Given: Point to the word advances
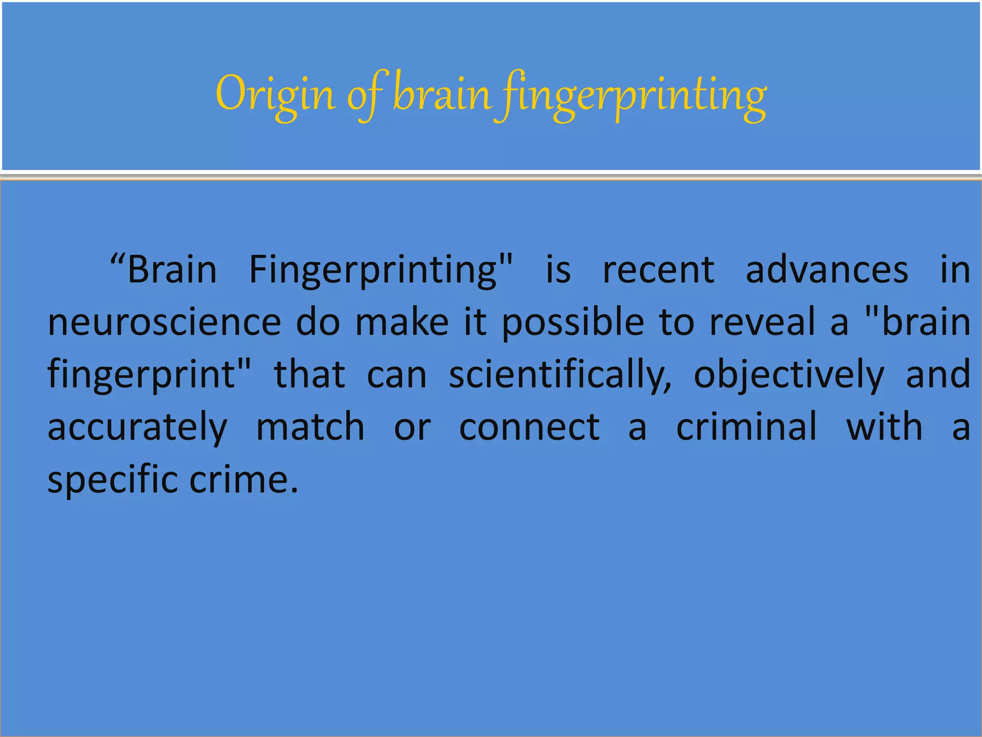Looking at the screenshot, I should pos(827,270).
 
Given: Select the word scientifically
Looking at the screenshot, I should pos(560,375).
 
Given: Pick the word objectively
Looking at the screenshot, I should pos(789,375).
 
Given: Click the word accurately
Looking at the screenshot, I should pos(138,427).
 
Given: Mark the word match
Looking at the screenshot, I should pos(310,427).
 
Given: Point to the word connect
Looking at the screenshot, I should pos(529,427).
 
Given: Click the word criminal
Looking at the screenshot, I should pos(747,427).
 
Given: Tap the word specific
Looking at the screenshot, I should pos(112,479).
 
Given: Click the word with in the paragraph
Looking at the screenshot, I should pos(884,427).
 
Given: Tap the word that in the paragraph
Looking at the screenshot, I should pos(309,375).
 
